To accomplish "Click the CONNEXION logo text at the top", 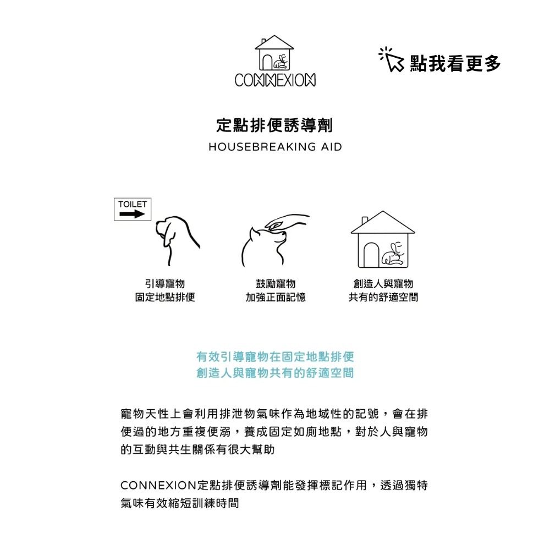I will tap(274, 81).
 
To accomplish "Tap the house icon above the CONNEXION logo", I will tap(274, 53).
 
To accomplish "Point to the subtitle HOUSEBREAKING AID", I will tap(275, 147).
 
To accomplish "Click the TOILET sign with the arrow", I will tap(133, 210).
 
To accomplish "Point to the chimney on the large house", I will tap(365, 221).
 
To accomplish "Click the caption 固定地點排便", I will tap(165, 298).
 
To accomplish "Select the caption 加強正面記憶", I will tap(276, 298).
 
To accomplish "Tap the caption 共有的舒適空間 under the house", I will tap(383, 298).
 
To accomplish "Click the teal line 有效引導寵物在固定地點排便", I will tap(275, 357).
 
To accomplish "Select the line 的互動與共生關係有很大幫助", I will tap(197, 450).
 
